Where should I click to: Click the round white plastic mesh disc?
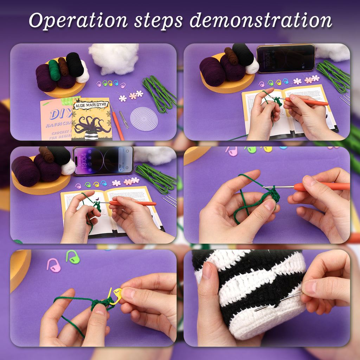coord(144,119)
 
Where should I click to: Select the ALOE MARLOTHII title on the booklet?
coord(91,105)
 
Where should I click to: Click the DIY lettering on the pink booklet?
coord(56,114)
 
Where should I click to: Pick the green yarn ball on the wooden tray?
coord(54,70)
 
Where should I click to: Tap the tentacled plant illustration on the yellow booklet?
coord(92,125)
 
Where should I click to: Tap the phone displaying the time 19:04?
coord(285,58)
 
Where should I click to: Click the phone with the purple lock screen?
coord(103,160)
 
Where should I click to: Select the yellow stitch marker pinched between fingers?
coord(115,296)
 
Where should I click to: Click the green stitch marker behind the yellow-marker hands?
coord(72,257)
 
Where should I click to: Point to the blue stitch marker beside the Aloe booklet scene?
coord(116,83)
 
